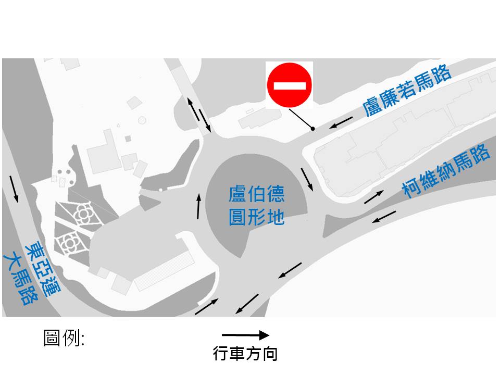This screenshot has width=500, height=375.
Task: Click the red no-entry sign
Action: [290, 85]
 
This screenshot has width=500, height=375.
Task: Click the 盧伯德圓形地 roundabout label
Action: [257, 206]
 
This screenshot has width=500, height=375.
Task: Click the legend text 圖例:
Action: [64, 339]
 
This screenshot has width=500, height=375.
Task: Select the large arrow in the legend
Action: [245, 335]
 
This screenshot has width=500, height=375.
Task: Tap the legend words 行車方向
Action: [245, 354]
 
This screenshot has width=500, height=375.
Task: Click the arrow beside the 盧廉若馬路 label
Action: [341, 123]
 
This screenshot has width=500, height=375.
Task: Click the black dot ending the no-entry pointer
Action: [312, 129]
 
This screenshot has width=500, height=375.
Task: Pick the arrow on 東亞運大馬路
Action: [14, 189]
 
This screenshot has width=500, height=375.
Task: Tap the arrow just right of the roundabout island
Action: [307, 179]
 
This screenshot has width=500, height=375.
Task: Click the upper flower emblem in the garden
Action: [82, 213]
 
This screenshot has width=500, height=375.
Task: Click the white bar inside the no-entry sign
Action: [290, 85]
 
